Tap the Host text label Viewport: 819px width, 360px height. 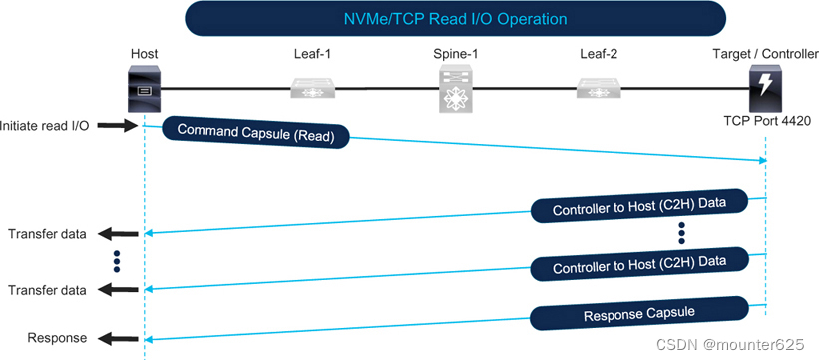144,52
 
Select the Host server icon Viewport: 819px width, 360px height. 144,89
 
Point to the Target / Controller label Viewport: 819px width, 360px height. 764,52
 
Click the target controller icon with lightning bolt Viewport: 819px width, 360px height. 766,89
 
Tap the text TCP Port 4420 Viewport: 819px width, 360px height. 766,122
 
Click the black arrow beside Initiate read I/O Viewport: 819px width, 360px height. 115,126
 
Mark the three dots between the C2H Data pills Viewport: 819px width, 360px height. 681,233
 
